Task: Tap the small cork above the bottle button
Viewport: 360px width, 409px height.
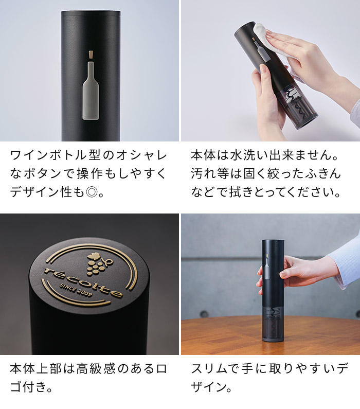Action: click(x=90, y=55)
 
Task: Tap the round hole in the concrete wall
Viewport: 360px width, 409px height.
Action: click(x=205, y=313)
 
